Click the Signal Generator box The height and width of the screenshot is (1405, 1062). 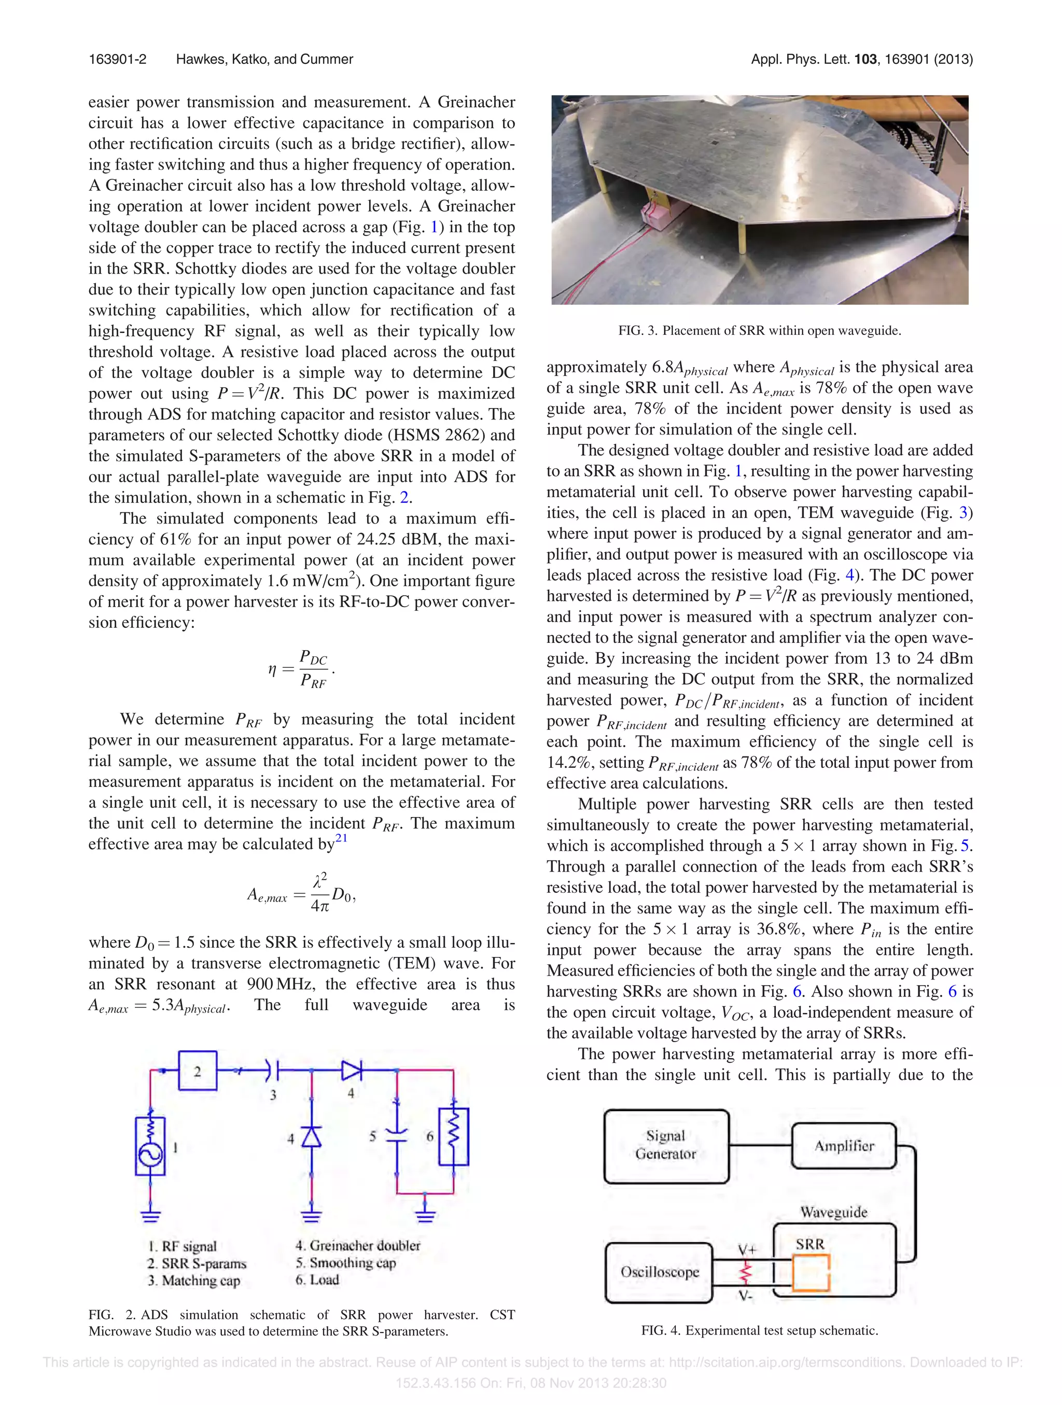click(x=666, y=1146)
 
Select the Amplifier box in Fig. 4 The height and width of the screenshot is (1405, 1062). click(x=844, y=1146)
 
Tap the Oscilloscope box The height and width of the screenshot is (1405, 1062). click(x=659, y=1272)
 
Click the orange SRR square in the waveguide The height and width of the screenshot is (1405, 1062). click(x=811, y=1273)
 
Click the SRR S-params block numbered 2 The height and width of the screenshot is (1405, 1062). click(x=198, y=1071)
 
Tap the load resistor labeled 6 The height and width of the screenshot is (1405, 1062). click(x=454, y=1136)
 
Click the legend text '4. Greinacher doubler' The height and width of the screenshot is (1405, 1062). click(x=358, y=1245)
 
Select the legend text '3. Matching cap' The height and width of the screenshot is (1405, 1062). click(x=194, y=1281)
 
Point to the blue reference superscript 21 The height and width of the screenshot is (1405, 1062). click(x=342, y=838)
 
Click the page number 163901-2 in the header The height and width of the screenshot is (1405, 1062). click(x=118, y=59)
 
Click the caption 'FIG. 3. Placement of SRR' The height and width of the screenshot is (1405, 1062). click(x=760, y=330)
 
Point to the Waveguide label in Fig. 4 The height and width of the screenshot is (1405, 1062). click(x=833, y=1212)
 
